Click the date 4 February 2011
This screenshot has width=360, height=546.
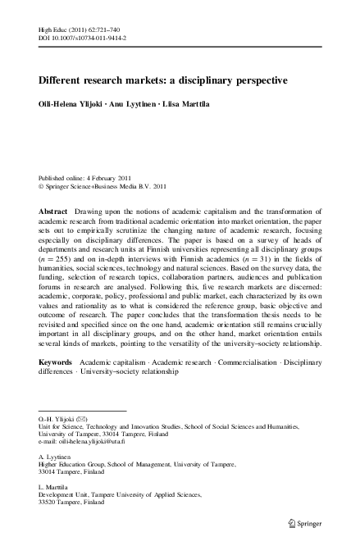point(115,177)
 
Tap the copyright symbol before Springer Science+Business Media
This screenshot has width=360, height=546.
point(42,186)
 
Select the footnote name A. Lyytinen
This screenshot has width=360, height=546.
point(58,455)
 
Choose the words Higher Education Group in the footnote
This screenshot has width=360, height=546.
point(74,463)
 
